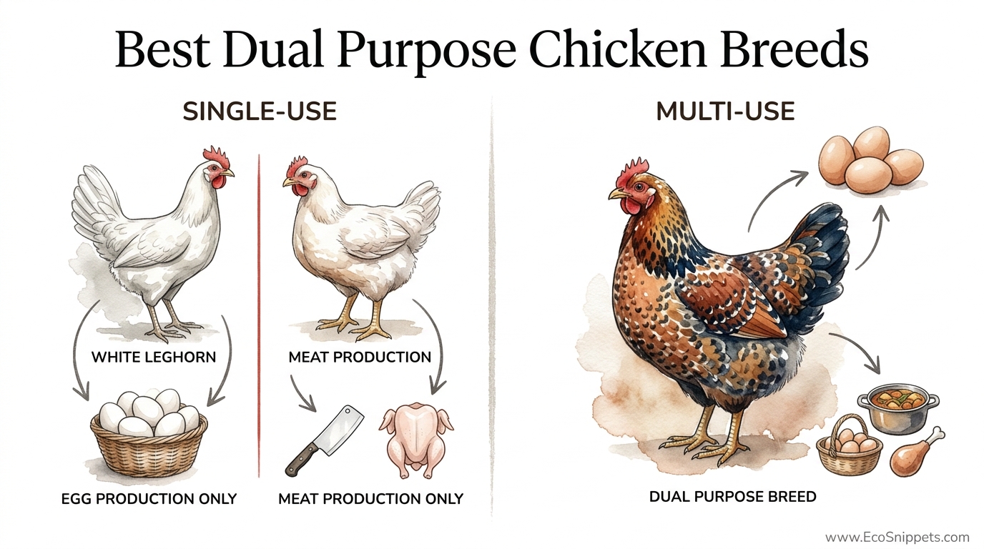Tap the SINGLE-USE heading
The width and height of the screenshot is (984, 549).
[x=260, y=112]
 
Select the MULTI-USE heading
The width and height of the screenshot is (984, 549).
[x=725, y=112]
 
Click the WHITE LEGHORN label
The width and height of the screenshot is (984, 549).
[x=154, y=357]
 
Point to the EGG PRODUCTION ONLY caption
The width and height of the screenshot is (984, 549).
[x=149, y=498]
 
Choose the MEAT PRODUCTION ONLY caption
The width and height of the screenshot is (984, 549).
[x=370, y=498]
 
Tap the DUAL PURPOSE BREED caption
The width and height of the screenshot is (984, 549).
[x=732, y=495]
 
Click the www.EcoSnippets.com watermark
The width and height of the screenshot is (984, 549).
[x=897, y=538]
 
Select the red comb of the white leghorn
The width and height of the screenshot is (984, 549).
[x=215, y=155]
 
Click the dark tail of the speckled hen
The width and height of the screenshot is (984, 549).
[x=825, y=247]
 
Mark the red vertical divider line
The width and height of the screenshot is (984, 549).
[x=258, y=315]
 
